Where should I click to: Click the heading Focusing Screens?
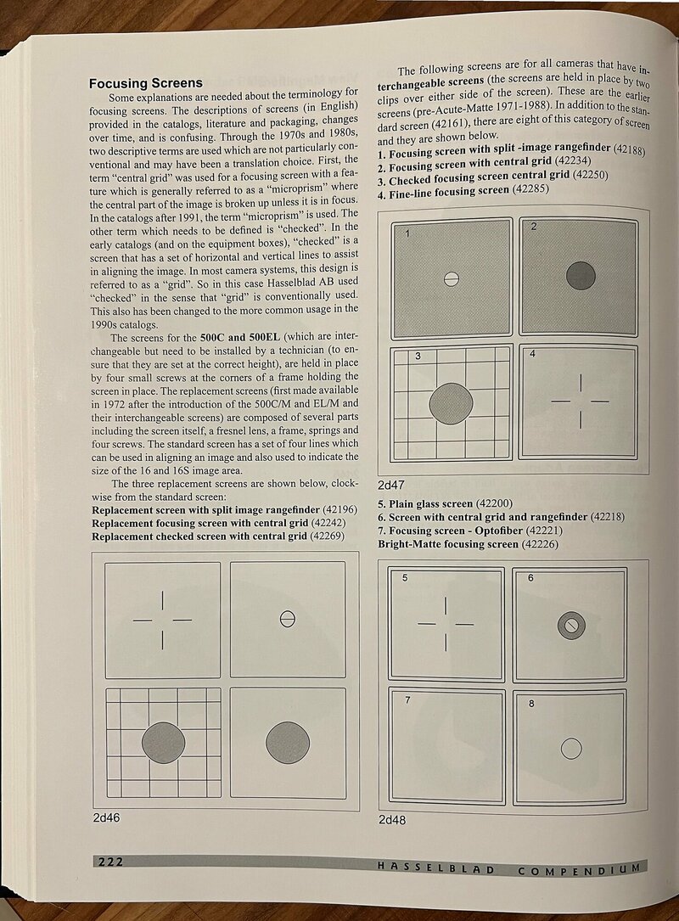146,83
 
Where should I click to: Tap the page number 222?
110,862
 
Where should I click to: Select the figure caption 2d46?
108,820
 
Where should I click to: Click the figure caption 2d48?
394,821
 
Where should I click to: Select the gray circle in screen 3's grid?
452,403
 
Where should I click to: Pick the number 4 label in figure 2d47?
531,353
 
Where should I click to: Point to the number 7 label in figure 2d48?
407,700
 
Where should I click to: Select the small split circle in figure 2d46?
287,619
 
